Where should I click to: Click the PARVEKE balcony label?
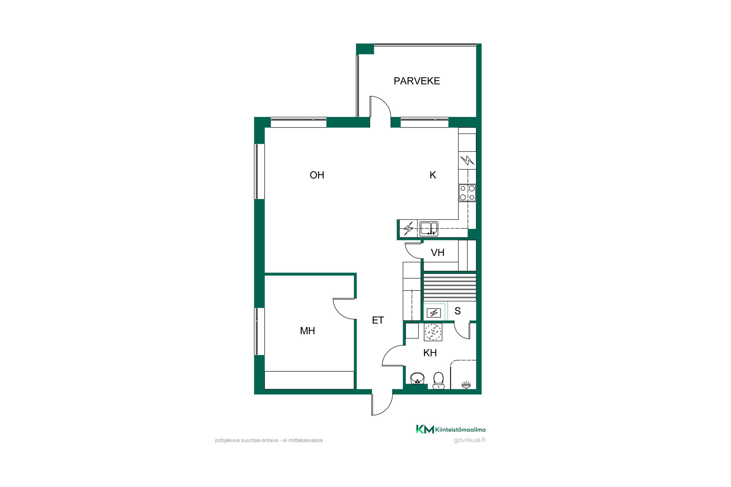[417, 81]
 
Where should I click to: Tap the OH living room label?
[317, 175]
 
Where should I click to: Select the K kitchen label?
[433, 175]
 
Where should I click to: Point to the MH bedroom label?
[307, 331]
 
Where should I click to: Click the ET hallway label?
[378, 320]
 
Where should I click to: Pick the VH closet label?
[437, 253]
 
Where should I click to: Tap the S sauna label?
[458, 311]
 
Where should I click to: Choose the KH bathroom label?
[430, 353]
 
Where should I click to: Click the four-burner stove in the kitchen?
[467, 193]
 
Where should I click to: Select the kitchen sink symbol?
[429, 229]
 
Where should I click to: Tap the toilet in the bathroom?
[439, 380]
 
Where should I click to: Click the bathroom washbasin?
[418, 379]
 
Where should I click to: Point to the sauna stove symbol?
[434, 313]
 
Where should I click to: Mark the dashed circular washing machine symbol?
[433, 332]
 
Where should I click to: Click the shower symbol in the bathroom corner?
[466, 385]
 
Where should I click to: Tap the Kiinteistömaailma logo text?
[460, 430]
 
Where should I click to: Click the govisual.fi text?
[469, 440]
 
